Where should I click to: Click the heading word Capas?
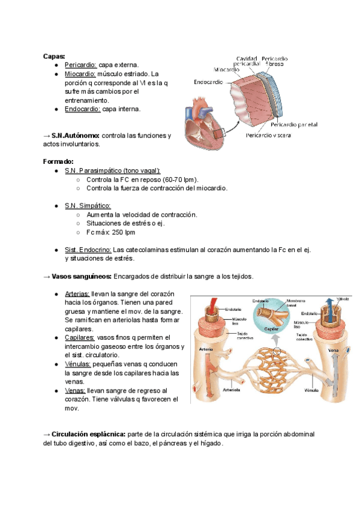coord(53,56)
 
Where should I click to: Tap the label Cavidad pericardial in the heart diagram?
coord(247,59)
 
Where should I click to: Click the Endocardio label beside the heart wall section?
coord(209,82)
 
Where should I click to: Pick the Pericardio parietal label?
coord(294,125)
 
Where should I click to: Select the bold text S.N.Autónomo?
coord(76,136)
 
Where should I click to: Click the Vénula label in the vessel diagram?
coord(311,390)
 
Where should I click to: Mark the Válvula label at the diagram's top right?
coord(343,298)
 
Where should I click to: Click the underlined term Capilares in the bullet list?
coord(79,338)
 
